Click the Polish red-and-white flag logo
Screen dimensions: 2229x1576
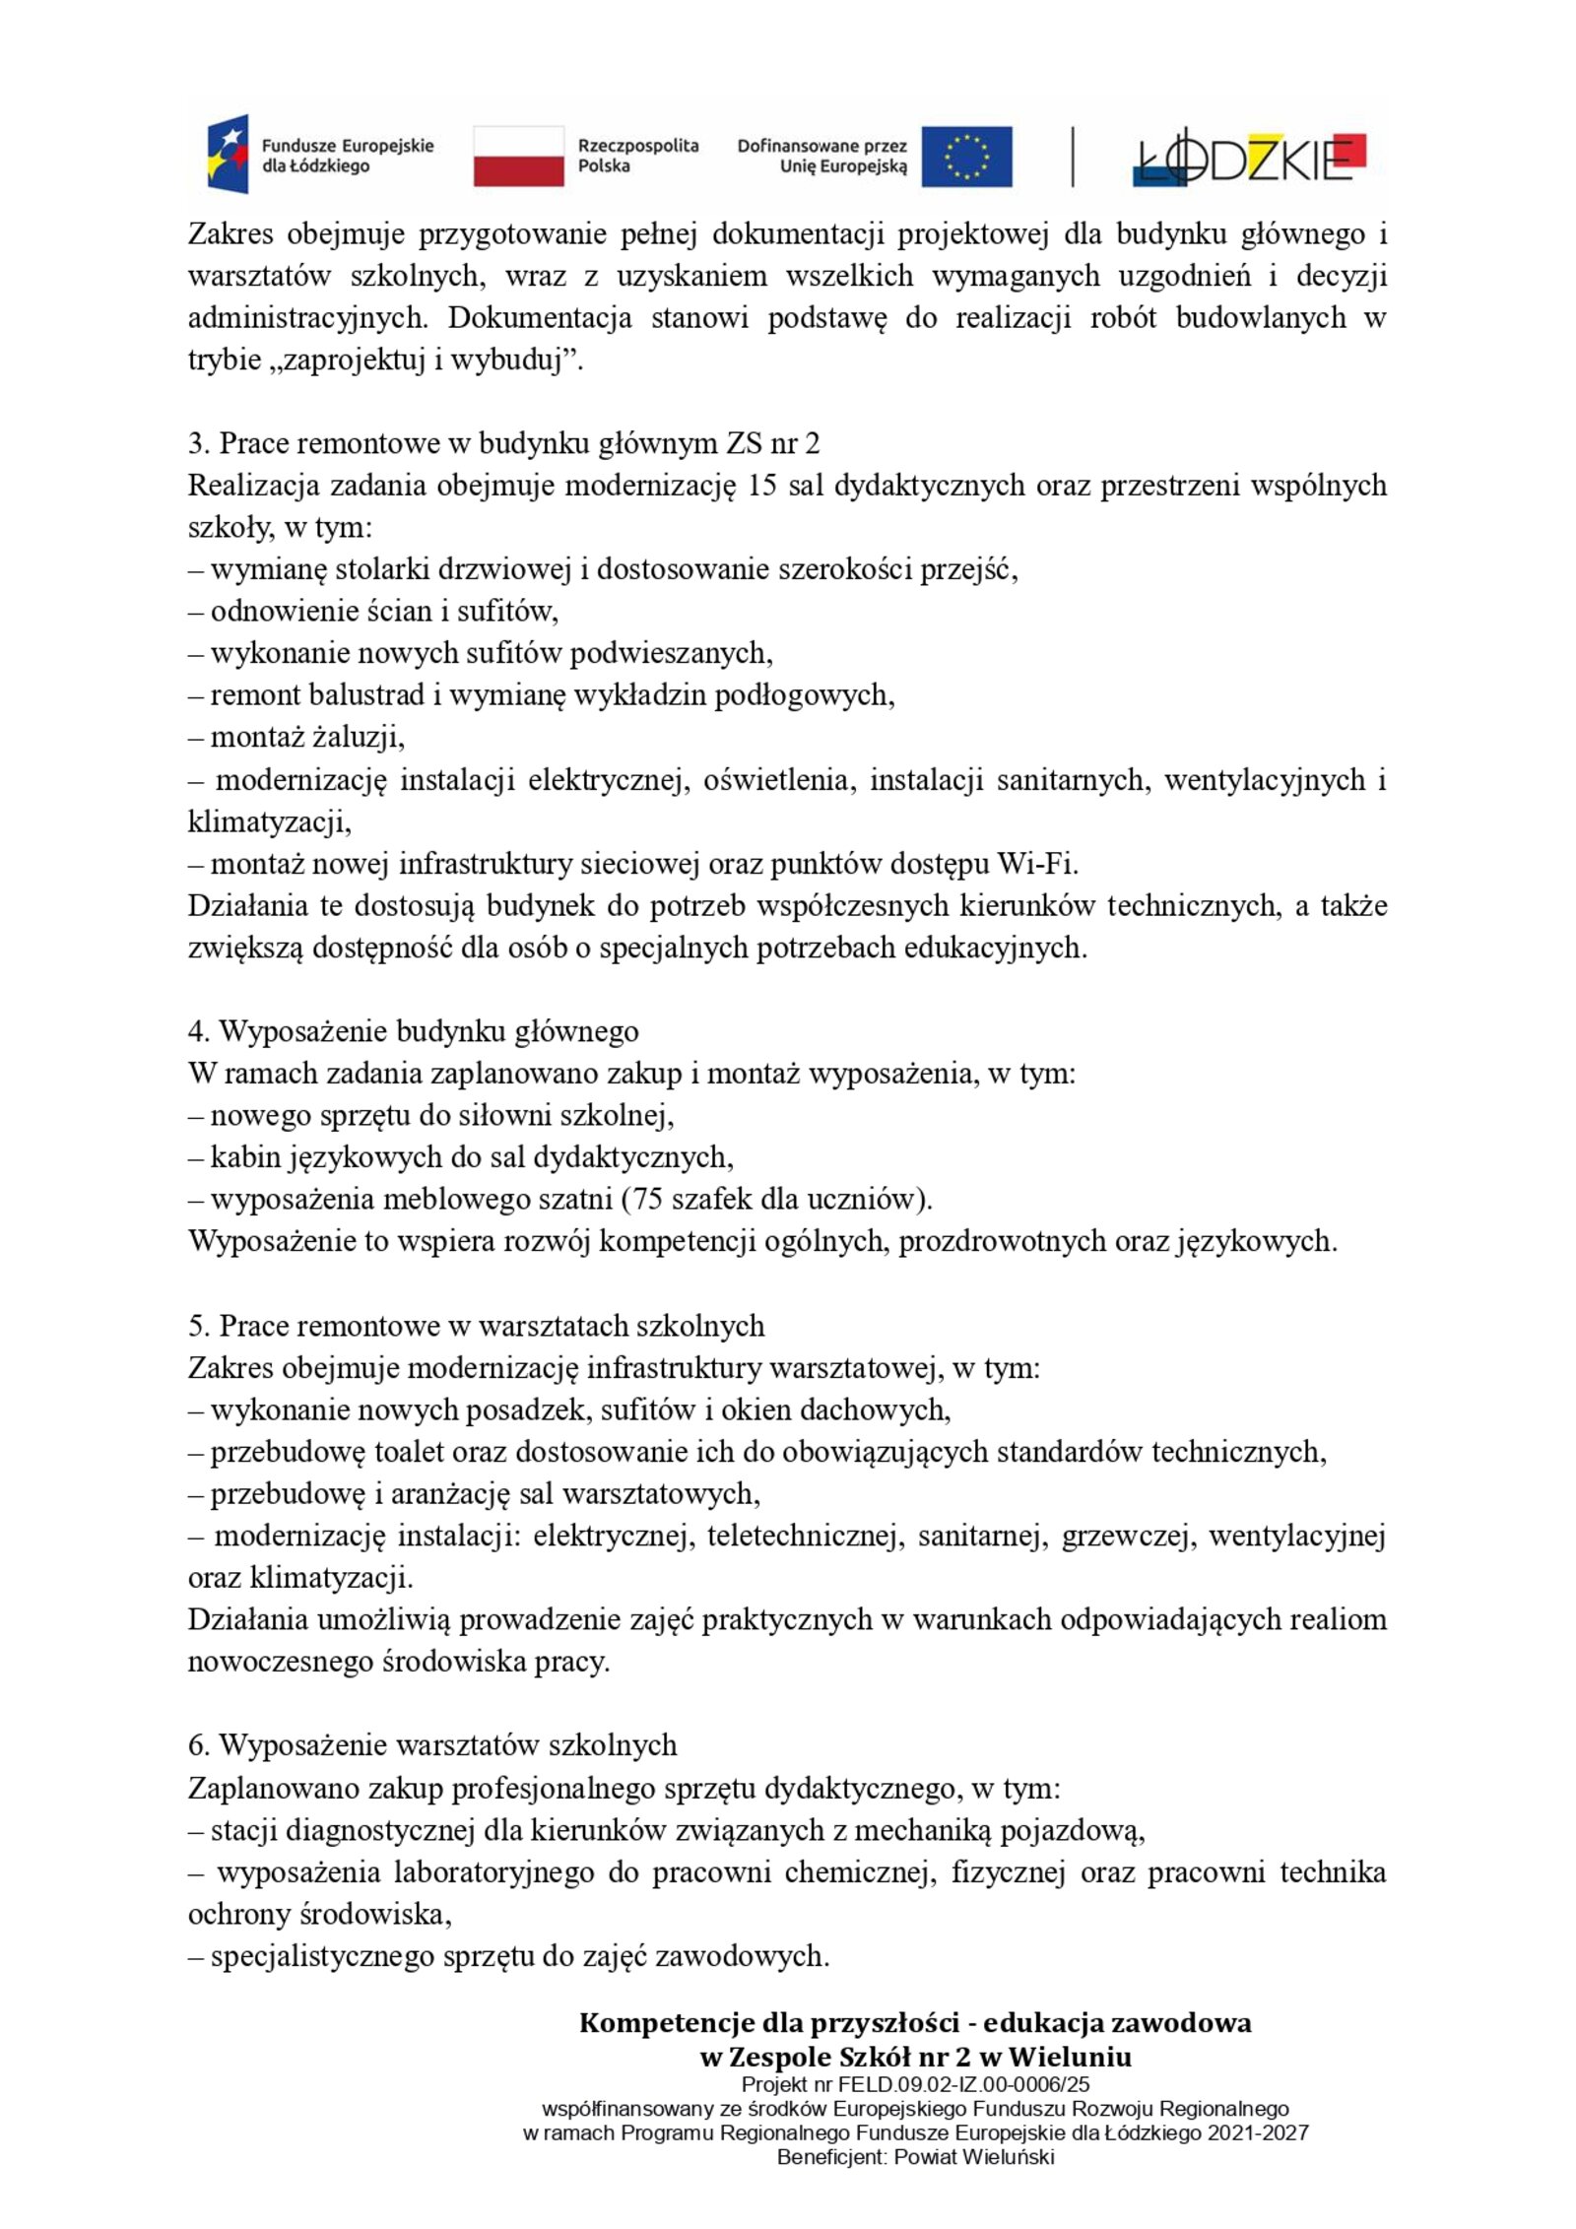point(518,156)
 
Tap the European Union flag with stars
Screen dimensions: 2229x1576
point(966,156)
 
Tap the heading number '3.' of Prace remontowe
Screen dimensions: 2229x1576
point(198,444)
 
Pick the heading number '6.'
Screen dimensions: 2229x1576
point(198,1745)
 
